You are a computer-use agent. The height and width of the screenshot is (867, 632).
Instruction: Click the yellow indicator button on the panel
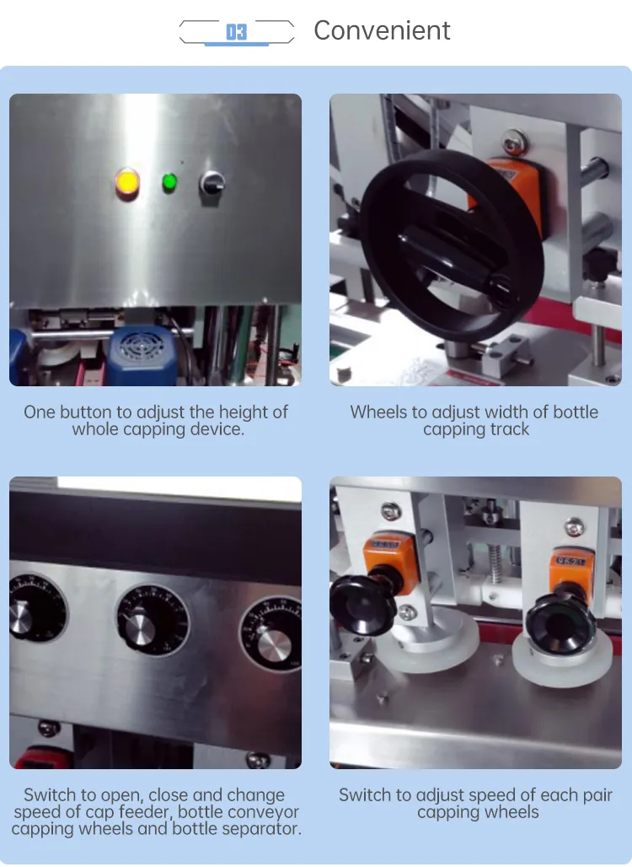click(127, 182)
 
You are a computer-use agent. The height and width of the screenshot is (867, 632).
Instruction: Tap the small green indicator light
click(169, 181)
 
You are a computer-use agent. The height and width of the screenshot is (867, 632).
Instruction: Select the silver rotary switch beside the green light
click(211, 181)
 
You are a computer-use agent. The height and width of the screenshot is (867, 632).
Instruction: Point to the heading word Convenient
click(382, 31)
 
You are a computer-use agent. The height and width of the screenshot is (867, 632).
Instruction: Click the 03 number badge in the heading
click(237, 32)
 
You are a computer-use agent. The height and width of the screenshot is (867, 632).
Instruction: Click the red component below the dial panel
click(38, 757)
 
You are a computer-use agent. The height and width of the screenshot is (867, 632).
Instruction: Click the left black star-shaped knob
click(362, 602)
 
